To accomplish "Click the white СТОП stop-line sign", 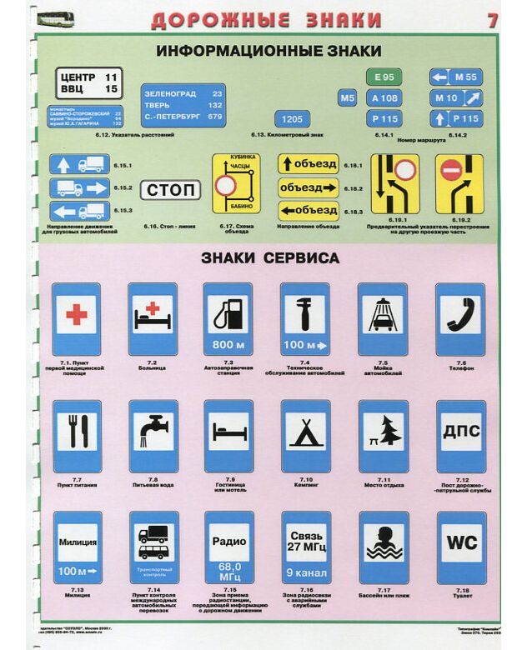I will tap(174, 191).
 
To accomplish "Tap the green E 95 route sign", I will tap(384, 77).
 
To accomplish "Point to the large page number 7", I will tap(493, 20).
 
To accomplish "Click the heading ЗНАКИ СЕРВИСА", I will tap(269, 258).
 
